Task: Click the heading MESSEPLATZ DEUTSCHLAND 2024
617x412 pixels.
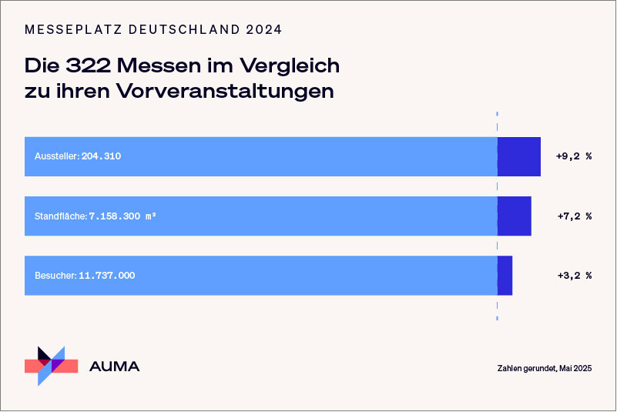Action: (153, 30)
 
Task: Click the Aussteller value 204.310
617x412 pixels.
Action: (101, 156)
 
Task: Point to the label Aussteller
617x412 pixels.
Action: (56, 156)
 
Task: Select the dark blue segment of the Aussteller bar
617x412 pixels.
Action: (518, 156)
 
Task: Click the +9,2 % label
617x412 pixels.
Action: (573, 156)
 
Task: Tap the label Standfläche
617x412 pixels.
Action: (60, 216)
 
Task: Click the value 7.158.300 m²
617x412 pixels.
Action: (122, 216)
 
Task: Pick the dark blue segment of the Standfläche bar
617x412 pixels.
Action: (514, 216)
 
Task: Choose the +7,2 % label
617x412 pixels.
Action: (573, 216)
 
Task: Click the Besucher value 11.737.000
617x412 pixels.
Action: (106, 275)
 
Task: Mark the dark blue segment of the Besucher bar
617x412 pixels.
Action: (505, 275)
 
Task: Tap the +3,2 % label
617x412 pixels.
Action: (573, 275)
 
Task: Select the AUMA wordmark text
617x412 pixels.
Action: (115, 367)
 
